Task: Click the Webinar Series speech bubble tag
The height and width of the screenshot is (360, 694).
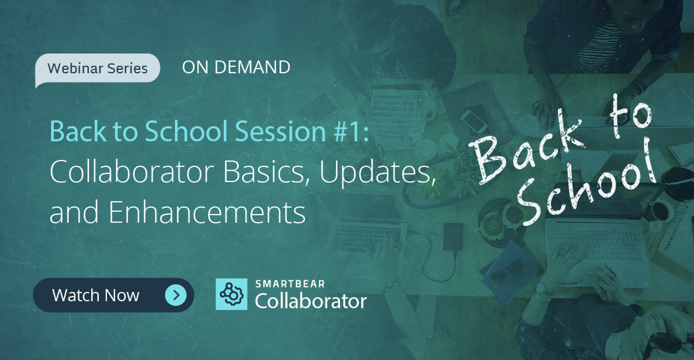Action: (97, 68)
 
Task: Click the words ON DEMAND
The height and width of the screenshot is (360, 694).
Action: (236, 67)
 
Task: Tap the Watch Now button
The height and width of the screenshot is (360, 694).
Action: (113, 295)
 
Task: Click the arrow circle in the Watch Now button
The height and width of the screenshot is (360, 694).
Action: (176, 295)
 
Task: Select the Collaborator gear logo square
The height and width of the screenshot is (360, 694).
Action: (231, 294)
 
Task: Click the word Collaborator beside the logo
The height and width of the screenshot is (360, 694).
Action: (311, 302)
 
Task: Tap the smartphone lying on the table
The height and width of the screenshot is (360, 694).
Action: (474, 121)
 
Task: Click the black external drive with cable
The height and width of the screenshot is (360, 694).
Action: (452, 237)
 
